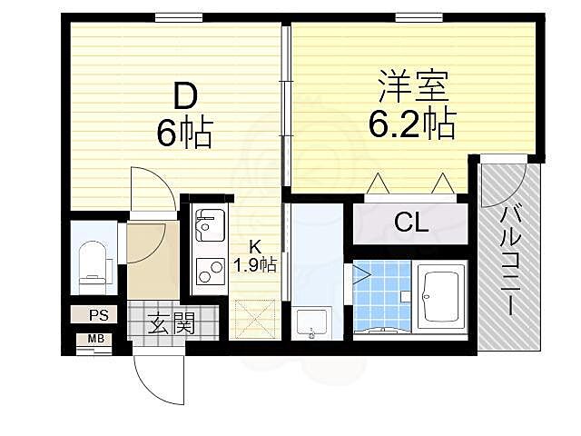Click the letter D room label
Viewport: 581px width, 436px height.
click(185, 94)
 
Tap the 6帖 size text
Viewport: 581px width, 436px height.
click(185, 134)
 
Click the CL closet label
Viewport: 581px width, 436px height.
click(410, 223)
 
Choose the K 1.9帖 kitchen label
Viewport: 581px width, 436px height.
click(255, 257)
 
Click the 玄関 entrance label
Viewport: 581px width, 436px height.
click(170, 322)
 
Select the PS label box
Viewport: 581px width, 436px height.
click(97, 315)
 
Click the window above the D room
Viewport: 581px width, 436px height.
click(178, 16)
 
